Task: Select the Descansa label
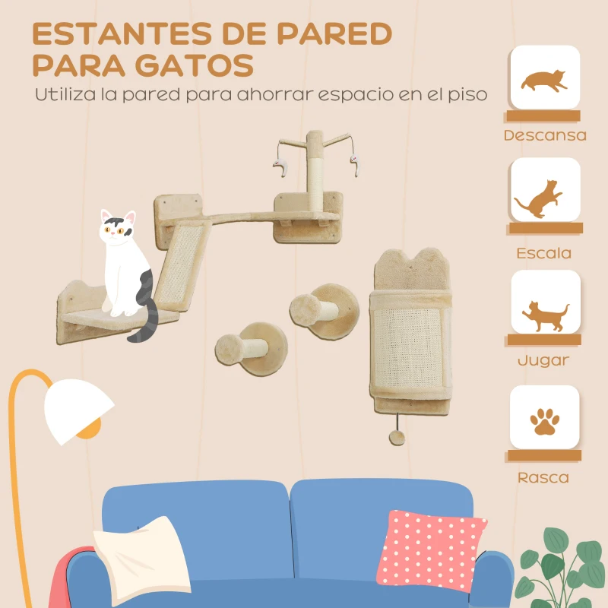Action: [544, 136]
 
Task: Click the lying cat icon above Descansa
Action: [544, 79]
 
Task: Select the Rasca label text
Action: [543, 478]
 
